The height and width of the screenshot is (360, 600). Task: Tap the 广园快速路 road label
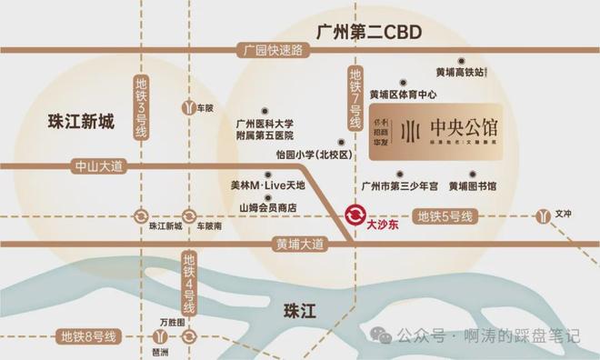click(x=266, y=51)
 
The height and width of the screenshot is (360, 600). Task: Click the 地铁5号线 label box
click(x=445, y=216)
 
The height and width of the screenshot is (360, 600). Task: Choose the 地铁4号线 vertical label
click(x=188, y=278)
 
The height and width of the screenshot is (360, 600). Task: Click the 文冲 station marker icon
click(x=543, y=216)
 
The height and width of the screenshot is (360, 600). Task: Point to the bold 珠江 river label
click(x=298, y=309)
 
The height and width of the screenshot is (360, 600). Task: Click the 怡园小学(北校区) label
click(x=287, y=155)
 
